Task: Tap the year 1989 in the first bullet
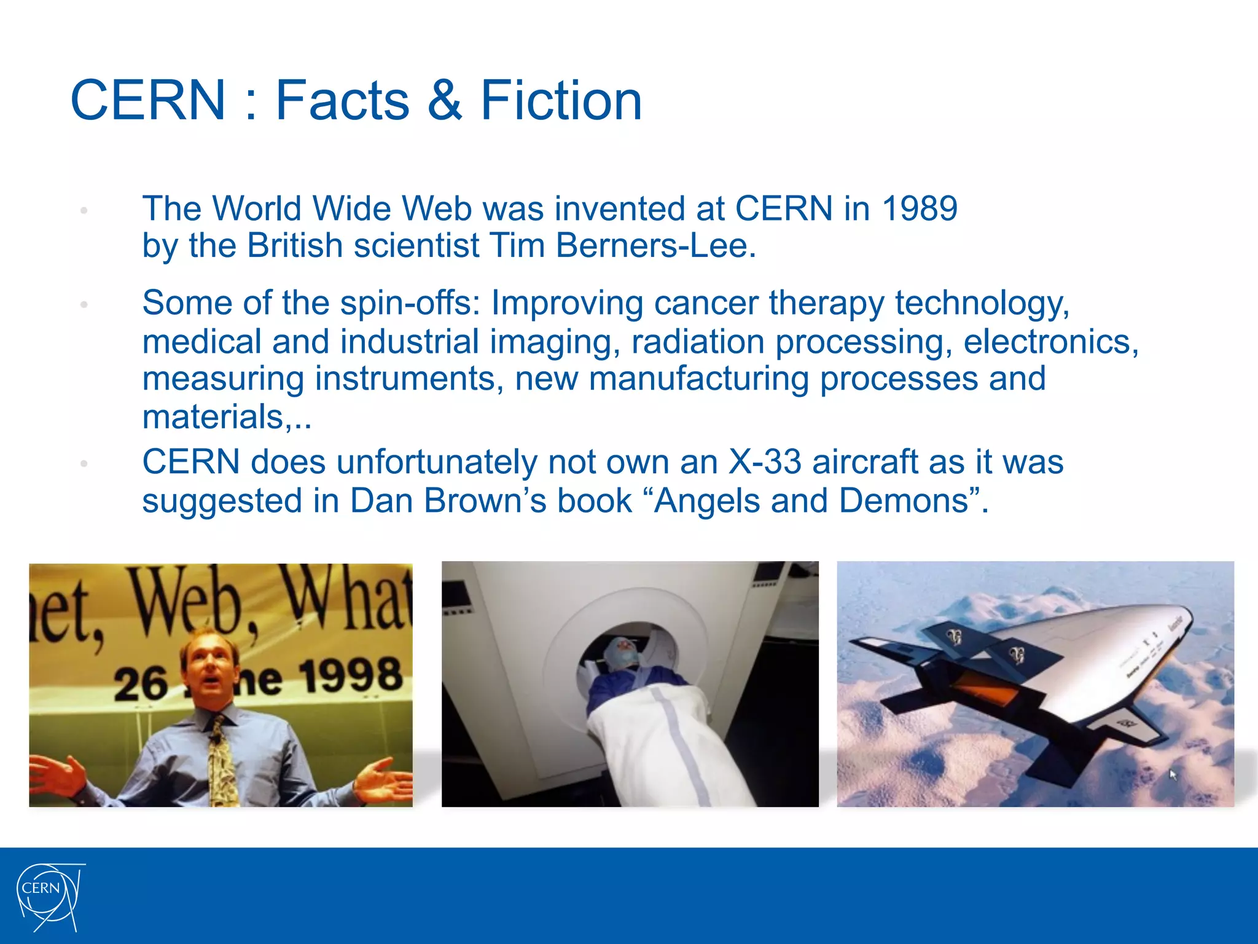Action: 920,208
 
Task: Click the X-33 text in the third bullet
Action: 765,462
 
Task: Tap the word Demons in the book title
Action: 904,501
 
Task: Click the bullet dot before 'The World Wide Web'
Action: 84,211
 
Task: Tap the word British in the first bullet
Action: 294,246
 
